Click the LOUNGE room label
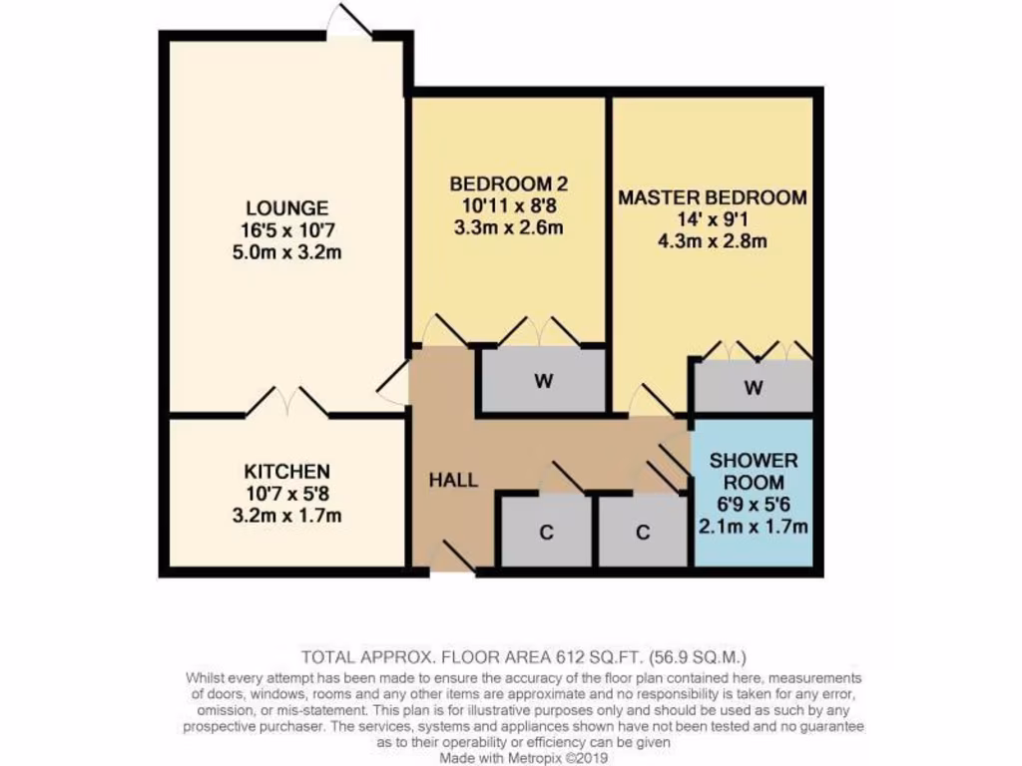coord(286,208)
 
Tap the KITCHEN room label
coord(286,471)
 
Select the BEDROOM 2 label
coord(508,184)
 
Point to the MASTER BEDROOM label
coord(712,197)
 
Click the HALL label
coord(453,480)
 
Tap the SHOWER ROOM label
coord(754,472)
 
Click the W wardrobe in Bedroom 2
coord(544,380)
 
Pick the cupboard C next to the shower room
coord(642,533)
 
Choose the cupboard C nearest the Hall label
coord(546,533)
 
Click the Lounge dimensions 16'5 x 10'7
coord(286,229)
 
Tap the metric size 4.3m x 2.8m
coord(712,241)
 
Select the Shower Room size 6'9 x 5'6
coord(754,505)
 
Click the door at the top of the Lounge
coord(352,22)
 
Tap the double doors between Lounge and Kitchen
coord(287,402)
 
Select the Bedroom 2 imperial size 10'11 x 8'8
coord(508,205)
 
